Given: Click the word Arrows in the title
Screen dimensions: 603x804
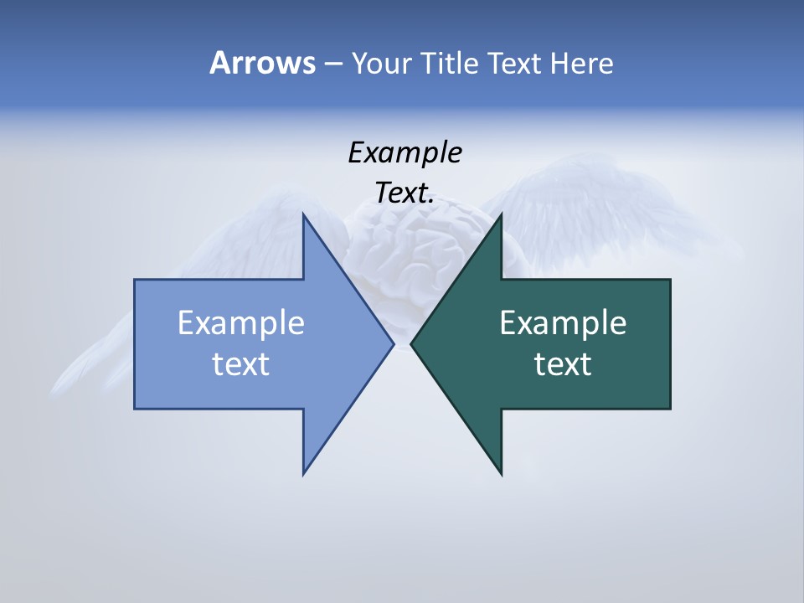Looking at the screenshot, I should pos(262,63).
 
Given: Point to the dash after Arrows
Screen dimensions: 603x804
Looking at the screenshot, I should pos(332,64).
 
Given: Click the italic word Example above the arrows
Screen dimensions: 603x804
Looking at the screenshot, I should pos(405,152).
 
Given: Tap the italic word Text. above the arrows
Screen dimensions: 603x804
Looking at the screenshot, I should pos(405,193).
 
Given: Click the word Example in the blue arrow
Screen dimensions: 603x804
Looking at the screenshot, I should pos(240,322).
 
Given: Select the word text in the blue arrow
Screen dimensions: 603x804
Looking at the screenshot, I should pos(240,363).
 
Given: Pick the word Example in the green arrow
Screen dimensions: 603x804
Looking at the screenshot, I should pos(563,322).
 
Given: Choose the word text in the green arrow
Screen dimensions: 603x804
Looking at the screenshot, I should pos(563,363).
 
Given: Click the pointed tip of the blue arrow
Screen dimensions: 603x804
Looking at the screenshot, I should pos(393,343).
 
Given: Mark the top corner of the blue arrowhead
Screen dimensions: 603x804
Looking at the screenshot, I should pos(303,214).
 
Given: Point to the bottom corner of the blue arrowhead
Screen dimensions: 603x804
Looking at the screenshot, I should pos(303,474).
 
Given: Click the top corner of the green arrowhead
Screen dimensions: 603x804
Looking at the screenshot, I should pos(501,214).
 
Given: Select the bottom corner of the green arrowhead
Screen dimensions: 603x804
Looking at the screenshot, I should pos(501,474).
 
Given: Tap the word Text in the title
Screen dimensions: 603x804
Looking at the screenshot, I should pos(514,63).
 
